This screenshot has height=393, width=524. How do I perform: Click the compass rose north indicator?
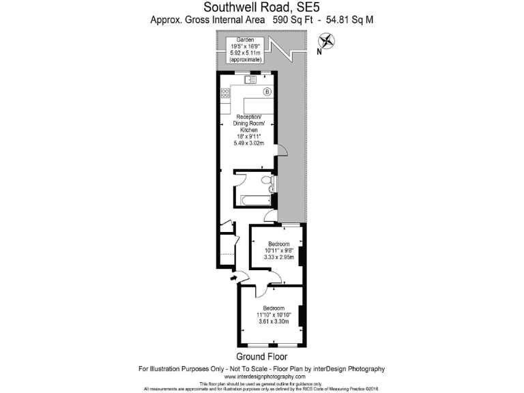coord(326,42)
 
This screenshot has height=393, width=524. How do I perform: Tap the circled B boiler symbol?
coord(267,92)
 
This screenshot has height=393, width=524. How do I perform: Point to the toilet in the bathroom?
coord(266,181)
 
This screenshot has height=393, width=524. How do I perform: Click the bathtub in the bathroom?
coord(252,200)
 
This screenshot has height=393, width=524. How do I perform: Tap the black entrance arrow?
coord(234,277)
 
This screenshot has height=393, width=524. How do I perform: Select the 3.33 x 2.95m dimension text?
coord(278,258)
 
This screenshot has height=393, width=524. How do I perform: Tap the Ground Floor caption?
coord(262,357)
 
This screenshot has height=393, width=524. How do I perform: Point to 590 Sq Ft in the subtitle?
coord(292,20)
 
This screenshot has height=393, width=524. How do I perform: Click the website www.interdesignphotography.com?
coord(262,377)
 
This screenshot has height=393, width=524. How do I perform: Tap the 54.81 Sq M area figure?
coord(350,20)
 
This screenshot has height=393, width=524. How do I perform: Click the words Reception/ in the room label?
coord(247,117)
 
